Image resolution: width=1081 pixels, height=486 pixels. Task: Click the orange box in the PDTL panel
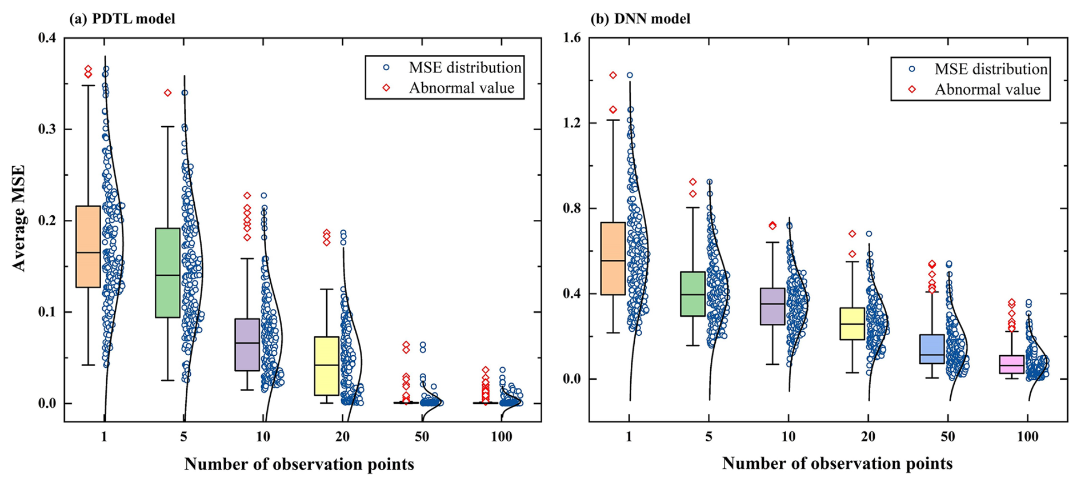[x=88, y=246]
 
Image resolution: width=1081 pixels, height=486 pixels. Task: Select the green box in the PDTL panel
[x=167, y=272]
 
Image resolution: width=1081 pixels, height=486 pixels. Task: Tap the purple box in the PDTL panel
[x=247, y=344]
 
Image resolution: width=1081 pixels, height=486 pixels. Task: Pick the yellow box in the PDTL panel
[x=326, y=365]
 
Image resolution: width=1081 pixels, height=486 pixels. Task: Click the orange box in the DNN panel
[x=613, y=258]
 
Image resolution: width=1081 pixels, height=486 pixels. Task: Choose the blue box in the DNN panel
[x=932, y=349]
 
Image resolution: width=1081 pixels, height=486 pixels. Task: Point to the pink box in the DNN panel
[x=1011, y=364]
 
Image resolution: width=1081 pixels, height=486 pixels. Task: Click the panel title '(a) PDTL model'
[x=122, y=19]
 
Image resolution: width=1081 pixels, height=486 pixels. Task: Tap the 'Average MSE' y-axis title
[x=19, y=218]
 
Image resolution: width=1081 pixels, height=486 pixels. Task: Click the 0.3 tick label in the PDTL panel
[x=47, y=129]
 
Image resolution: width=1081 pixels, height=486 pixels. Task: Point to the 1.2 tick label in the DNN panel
[x=571, y=123]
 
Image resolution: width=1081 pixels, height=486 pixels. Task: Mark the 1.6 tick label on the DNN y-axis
[x=571, y=38]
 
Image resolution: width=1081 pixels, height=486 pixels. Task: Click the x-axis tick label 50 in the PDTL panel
[x=422, y=437]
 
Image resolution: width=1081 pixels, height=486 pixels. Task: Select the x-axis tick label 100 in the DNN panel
[x=1027, y=437]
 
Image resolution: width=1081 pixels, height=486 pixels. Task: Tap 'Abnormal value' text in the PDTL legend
[x=461, y=88]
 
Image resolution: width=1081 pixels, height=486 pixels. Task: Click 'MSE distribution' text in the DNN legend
[x=991, y=69]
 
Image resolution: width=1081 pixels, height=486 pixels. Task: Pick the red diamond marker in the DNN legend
[x=912, y=90]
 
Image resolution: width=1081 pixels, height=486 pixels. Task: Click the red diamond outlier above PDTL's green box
[x=167, y=93]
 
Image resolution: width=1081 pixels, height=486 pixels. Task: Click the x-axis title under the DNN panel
[x=837, y=463]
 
